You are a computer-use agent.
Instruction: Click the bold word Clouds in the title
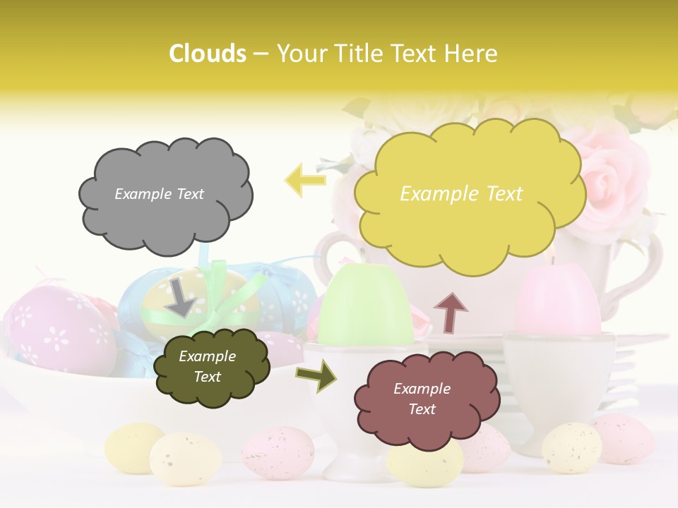pyautogui.click(x=208, y=54)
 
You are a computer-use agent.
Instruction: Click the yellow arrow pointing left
pyautogui.click(x=305, y=181)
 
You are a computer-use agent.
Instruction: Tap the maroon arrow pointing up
pyautogui.click(x=451, y=312)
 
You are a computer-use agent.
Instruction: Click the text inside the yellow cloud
pyautogui.click(x=461, y=194)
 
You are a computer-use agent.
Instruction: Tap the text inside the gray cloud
pyautogui.click(x=159, y=194)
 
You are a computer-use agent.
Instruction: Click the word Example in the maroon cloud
pyautogui.click(x=422, y=389)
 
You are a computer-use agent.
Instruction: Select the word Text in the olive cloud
pyautogui.click(x=208, y=377)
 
